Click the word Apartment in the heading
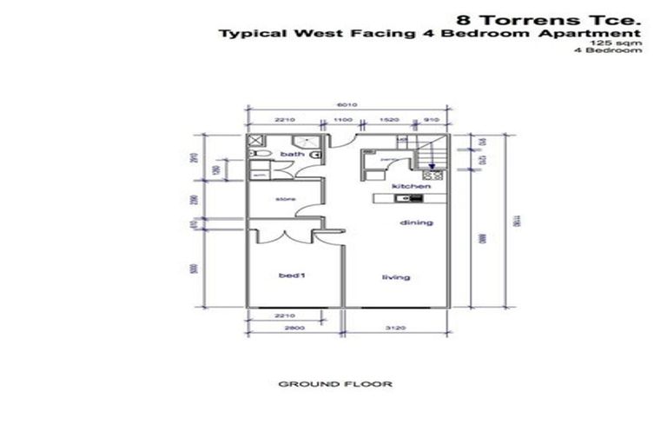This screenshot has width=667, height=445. (596, 34)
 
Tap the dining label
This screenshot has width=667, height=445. (416, 223)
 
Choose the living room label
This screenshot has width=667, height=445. (396, 277)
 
